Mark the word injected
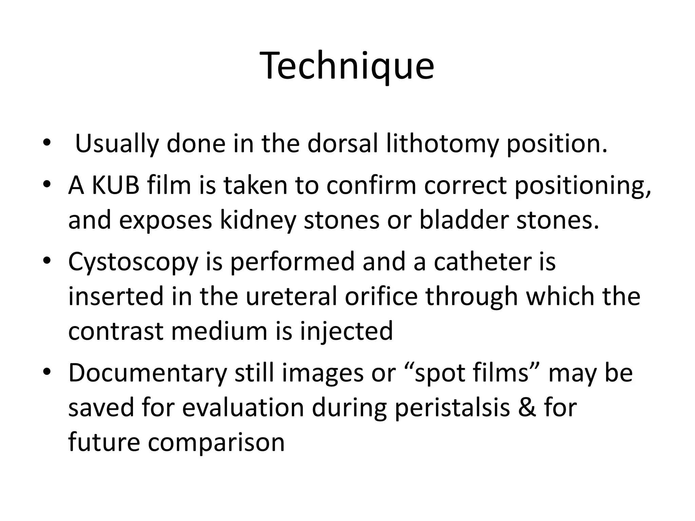(346, 331)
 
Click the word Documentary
(147, 373)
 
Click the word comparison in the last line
(216, 442)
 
